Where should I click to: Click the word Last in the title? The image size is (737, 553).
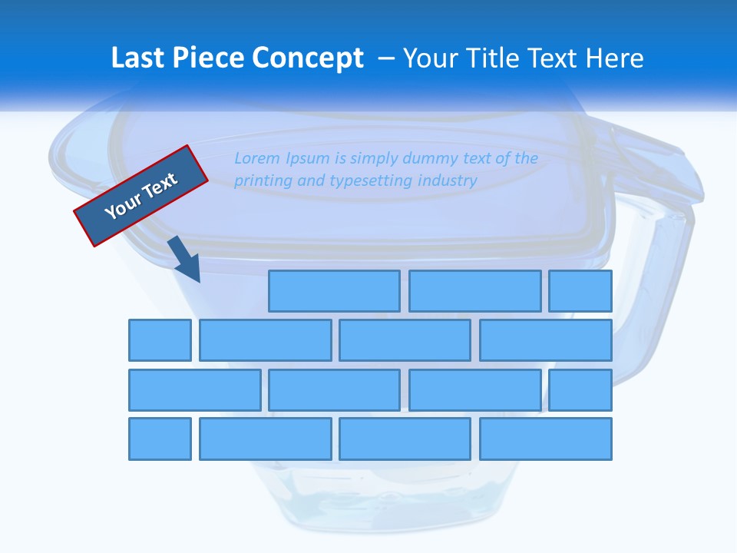(138, 58)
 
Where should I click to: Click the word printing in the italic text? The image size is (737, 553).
(261, 181)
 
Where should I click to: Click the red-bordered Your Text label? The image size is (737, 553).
(141, 196)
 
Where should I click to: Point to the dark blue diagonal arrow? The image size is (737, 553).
(185, 259)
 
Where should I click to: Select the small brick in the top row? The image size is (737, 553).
(580, 291)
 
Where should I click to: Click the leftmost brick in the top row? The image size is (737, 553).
(334, 291)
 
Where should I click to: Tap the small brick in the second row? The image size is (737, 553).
(160, 340)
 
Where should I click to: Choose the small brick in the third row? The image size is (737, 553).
(580, 390)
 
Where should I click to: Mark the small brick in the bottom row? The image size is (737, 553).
(160, 439)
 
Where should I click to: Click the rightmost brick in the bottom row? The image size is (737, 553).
(546, 439)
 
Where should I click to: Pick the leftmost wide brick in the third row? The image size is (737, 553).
(194, 390)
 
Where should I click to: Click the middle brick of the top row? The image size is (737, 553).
(474, 291)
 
